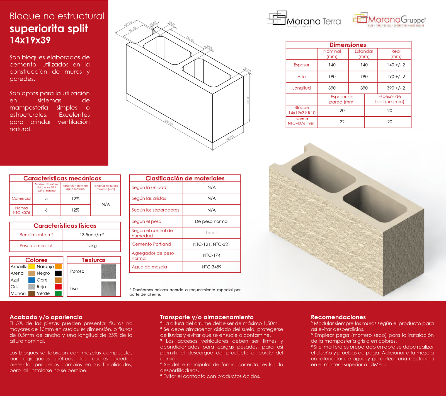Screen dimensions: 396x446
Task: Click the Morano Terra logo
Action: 304,19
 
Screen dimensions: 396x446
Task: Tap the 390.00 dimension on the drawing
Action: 169,123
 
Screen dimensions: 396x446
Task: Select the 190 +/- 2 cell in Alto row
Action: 396,76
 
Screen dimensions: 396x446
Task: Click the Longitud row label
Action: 301,88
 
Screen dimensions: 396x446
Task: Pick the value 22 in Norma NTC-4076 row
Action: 342,122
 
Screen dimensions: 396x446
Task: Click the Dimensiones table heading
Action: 348,45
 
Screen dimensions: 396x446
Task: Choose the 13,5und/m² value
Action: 92,235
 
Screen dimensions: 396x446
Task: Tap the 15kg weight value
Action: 92,246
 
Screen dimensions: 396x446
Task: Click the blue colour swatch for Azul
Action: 31,280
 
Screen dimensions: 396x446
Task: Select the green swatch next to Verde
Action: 58,293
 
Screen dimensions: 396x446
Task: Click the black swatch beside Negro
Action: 58,273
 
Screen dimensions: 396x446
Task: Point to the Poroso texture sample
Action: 108,272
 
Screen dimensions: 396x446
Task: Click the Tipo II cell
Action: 212,233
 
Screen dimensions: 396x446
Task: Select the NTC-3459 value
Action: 212,267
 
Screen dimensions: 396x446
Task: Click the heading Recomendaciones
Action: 338,317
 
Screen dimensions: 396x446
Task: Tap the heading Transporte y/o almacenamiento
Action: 207,317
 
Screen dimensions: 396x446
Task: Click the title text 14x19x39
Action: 30,40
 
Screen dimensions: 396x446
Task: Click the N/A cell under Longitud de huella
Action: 106,204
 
